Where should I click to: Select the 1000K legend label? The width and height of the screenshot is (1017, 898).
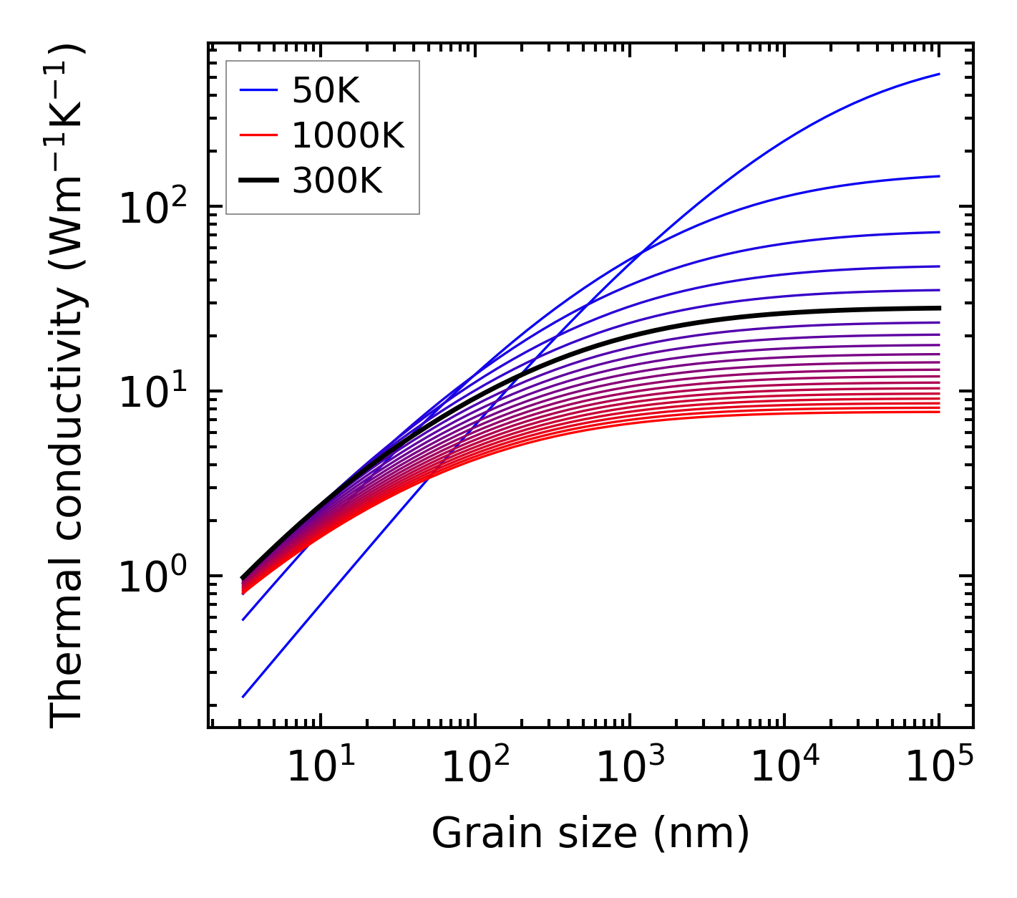[x=348, y=135]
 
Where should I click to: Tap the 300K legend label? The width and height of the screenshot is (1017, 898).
[x=337, y=181]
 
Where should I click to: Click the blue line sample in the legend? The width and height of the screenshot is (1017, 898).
[x=258, y=90]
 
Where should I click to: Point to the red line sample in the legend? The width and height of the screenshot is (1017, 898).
[x=258, y=135]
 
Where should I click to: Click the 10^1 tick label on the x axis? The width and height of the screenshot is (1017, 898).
[x=320, y=767]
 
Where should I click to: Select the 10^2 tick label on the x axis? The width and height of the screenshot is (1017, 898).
[x=475, y=767]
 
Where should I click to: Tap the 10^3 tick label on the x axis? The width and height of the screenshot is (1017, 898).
[x=629, y=767]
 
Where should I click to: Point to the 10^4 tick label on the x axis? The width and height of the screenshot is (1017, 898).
[x=784, y=767]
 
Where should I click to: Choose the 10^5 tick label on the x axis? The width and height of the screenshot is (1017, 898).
[x=939, y=767]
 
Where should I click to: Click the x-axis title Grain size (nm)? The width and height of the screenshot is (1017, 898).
[x=590, y=833]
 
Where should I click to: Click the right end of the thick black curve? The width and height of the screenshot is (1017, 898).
[x=939, y=308]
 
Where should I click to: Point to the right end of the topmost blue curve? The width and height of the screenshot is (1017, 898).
[x=939, y=74]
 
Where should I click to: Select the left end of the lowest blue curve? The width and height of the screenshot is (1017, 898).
[x=243, y=696]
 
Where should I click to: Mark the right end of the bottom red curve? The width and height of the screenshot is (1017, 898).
[x=939, y=412]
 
